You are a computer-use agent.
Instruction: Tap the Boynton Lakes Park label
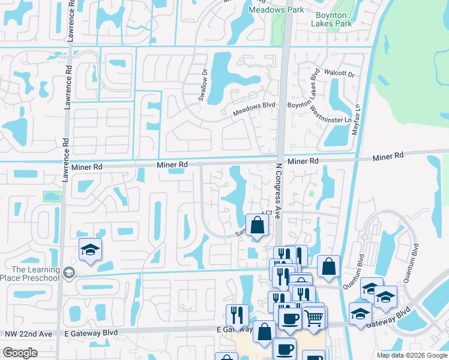(331, 20)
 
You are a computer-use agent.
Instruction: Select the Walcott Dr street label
(339, 73)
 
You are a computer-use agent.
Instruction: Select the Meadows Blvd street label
(254, 109)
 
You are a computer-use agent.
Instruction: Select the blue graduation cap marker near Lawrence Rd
(90, 250)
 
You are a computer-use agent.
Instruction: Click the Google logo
(20, 353)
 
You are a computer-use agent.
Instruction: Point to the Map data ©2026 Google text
(412, 355)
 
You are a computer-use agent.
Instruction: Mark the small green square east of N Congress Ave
(311, 194)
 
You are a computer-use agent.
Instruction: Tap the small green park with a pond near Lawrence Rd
(52, 196)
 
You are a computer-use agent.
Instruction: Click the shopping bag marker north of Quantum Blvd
(328, 266)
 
